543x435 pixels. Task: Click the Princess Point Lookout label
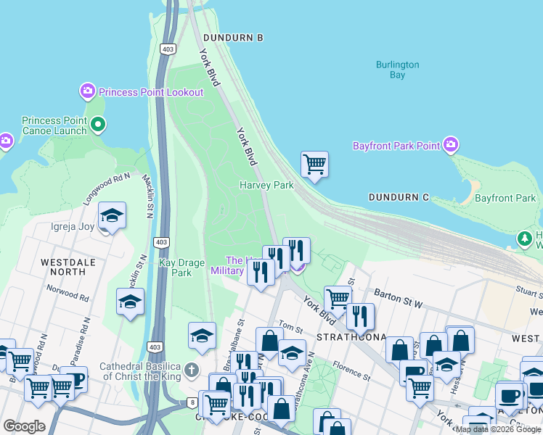click(x=151, y=92)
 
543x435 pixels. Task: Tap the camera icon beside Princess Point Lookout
click(x=87, y=91)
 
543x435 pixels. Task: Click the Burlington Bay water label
click(x=397, y=70)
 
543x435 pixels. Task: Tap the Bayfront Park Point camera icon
click(x=451, y=145)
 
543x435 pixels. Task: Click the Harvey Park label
click(x=266, y=185)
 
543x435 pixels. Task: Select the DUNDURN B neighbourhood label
click(x=233, y=37)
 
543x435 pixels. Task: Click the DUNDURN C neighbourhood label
click(x=399, y=197)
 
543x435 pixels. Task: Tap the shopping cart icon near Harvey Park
click(x=314, y=165)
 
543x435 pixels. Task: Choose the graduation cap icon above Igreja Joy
click(x=112, y=215)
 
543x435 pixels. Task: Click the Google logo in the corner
click(x=24, y=426)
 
